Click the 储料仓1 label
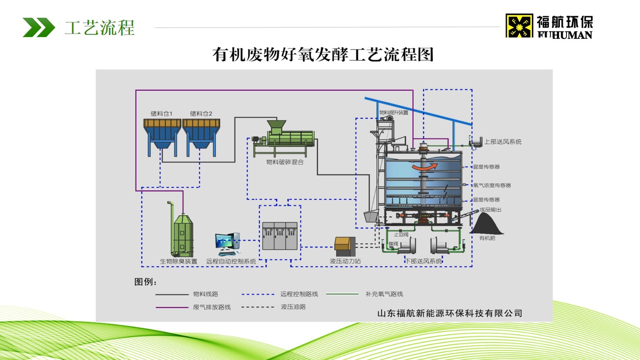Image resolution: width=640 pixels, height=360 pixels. tap(162, 113)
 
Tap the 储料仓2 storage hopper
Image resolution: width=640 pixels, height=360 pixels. tap(201, 135)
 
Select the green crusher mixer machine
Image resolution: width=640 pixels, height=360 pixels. tap(284, 138)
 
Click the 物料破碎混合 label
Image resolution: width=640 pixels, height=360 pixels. tap(284, 162)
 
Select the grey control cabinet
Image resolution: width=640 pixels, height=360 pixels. tap(280, 236)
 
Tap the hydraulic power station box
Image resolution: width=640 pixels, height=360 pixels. tap(345, 244)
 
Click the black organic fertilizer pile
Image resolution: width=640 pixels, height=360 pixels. tap(487, 223)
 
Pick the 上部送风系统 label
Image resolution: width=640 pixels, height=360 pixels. tap(503, 142)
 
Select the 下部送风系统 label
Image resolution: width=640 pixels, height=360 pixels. tap(423, 261)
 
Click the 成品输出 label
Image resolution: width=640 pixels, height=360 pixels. tap(490, 210)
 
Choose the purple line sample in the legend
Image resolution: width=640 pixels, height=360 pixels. tap(172, 307)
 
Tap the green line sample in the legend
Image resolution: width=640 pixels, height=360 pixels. tap(342, 294)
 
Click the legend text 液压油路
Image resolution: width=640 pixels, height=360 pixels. tap(293, 307)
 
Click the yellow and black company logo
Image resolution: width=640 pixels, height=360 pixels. tap(519, 26)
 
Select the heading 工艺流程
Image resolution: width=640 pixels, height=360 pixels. tap(100, 28)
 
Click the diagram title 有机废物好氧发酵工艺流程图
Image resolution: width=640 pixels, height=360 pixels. tap(323, 55)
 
